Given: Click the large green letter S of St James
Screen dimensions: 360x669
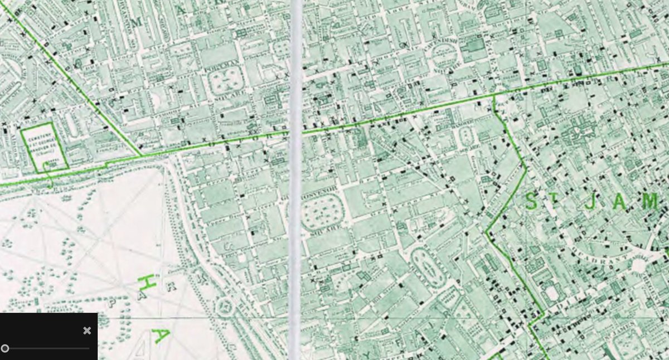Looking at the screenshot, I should [x=533, y=202].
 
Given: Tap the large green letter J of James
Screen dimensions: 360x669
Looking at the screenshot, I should [x=589, y=202].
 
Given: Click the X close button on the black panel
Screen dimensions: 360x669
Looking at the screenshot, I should [x=87, y=330].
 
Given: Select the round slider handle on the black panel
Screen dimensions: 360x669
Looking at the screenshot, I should [x=5, y=348].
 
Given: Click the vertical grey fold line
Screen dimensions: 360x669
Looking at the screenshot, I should [x=295, y=178].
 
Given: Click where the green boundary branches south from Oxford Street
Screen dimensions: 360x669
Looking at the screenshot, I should [x=495, y=97].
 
